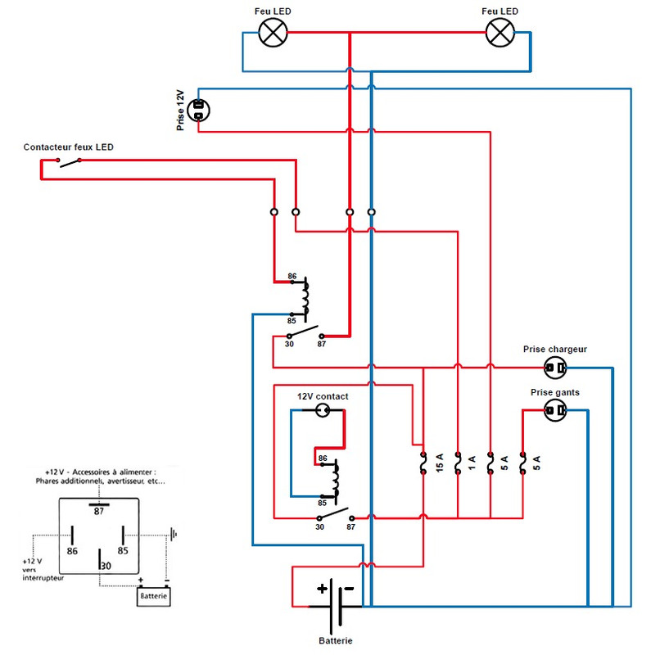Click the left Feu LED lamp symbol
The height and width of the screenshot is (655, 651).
(x=273, y=33)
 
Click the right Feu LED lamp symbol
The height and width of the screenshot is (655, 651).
(x=500, y=33)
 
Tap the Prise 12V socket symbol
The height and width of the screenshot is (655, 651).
(x=198, y=111)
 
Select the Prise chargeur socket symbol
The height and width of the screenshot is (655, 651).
(x=555, y=368)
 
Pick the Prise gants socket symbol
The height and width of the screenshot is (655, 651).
(x=555, y=410)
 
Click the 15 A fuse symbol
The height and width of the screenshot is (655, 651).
(x=423, y=463)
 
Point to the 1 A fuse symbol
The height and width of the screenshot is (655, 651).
(x=458, y=463)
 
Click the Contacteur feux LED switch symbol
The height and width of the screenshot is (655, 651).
(x=70, y=162)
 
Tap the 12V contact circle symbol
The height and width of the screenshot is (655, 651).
(x=322, y=410)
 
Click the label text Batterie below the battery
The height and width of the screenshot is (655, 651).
(x=336, y=640)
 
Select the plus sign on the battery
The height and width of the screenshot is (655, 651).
(x=322, y=589)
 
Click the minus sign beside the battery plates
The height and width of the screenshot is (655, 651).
(x=349, y=589)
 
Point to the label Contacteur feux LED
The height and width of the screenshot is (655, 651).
(x=69, y=147)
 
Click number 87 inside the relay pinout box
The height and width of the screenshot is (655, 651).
(x=98, y=512)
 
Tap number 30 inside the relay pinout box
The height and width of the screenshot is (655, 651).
(x=106, y=566)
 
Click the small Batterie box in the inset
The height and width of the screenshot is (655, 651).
(x=154, y=597)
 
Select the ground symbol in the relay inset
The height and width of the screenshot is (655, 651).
(x=174, y=534)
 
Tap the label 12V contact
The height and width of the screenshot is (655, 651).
(x=323, y=396)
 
